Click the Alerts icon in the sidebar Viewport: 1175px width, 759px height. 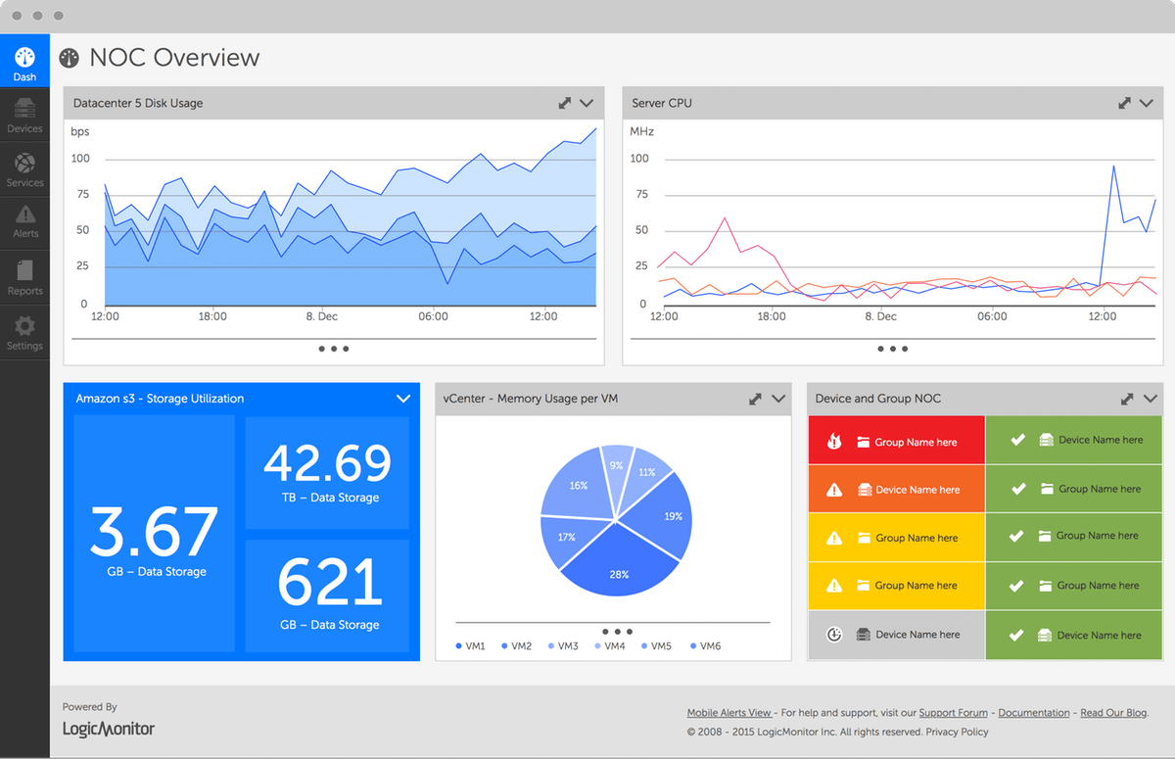tap(25, 214)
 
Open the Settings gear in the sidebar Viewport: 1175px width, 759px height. tap(24, 326)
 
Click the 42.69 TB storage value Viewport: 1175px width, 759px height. tap(327, 463)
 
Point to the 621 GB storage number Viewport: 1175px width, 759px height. tap(327, 583)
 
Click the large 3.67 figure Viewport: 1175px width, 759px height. tap(154, 532)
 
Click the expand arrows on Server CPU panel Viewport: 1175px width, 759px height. tap(1125, 103)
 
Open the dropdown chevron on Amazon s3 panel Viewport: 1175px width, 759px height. tap(402, 399)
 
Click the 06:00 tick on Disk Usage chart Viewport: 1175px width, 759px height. tap(433, 316)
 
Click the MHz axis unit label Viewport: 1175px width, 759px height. tap(642, 131)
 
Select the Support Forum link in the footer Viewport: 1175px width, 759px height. tap(953, 713)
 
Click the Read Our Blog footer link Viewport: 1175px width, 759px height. tap(1113, 713)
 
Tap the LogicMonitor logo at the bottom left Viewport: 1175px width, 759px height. tap(109, 729)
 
